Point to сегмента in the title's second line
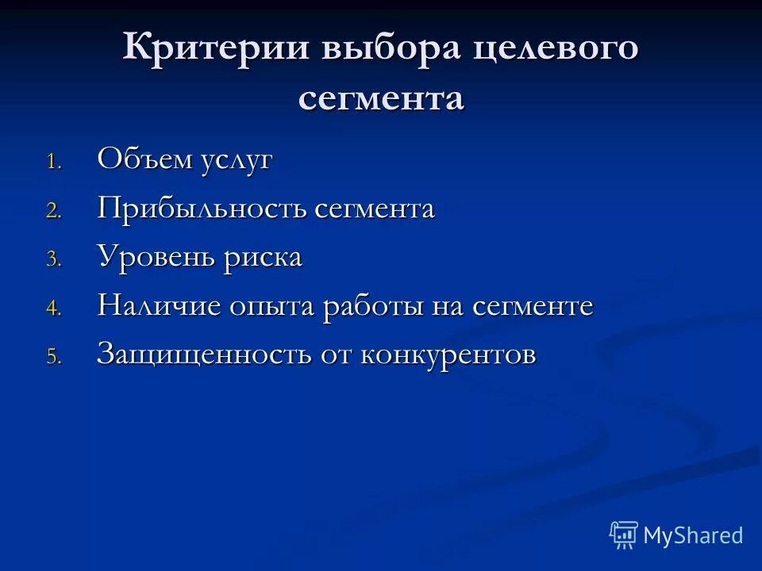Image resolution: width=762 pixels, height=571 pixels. (x=381, y=99)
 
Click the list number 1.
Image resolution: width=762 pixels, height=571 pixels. (x=52, y=163)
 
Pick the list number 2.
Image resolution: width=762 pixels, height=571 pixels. (x=52, y=212)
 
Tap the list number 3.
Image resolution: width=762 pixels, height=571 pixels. (x=52, y=260)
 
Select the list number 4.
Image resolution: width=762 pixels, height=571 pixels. (x=52, y=309)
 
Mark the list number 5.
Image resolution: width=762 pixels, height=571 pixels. (x=52, y=358)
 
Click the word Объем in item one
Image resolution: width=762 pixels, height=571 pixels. (x=144, y=159)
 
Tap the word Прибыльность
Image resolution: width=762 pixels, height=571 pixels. (x=202, y=209)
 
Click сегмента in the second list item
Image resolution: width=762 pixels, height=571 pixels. (x=375, y=209)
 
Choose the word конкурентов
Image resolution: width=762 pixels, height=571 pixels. (x=448, y=355)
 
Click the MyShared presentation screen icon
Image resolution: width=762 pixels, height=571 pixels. (x=624, y=535)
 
